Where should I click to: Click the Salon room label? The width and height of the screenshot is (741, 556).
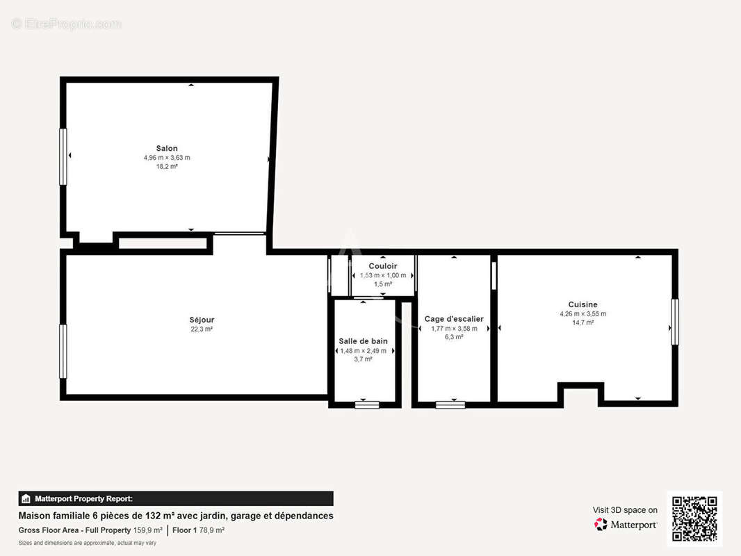point(167,148)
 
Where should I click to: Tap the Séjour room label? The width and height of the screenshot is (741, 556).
point(202,320)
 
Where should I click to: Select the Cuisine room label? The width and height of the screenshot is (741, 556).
point(583,304)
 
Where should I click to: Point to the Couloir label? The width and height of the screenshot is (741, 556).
point(383,266)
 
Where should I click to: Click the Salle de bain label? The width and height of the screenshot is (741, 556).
point(363,341)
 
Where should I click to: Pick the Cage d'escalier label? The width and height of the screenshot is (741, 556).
point(454,319)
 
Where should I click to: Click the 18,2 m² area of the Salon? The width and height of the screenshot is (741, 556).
point(167,166)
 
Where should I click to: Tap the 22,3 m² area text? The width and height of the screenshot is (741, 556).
point(202,329)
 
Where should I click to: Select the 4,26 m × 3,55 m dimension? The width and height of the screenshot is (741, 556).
point(583,313)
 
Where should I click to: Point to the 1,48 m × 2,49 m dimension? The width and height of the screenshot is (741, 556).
point(363,350)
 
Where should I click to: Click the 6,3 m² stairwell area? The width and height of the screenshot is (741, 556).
point(454,337)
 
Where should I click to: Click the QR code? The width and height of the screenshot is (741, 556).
point(694,518)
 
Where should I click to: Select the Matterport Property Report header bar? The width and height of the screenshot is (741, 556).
point(176,498)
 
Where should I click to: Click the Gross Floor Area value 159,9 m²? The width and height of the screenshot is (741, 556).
point(147,530)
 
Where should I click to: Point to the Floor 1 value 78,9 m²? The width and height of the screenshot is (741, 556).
point(212,530)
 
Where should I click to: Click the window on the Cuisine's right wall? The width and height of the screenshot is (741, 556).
point(675,322)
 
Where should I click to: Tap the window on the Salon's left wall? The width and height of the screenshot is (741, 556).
point(63,156)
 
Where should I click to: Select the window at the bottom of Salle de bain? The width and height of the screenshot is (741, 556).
point(367,404)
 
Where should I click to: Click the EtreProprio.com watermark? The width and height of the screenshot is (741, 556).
point(67,24)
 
